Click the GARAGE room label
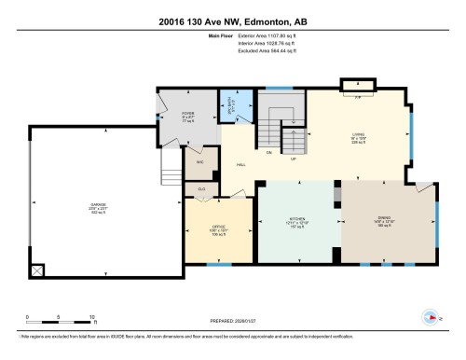98,207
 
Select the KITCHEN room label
297,221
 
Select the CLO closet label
201,189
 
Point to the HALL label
241,165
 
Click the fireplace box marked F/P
358,94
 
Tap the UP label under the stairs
295,159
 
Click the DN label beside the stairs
269,152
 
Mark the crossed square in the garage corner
36,270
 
